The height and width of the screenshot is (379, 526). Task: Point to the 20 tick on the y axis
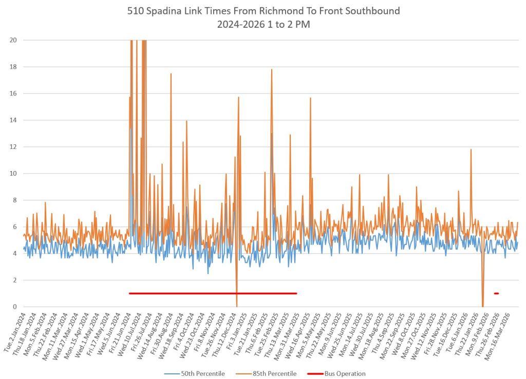13,40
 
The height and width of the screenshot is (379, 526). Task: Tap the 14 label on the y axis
13,120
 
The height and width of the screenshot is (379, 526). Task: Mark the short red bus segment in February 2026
496,293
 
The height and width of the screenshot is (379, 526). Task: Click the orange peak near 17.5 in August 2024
171,74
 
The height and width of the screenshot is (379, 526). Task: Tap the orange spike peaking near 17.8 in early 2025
272,70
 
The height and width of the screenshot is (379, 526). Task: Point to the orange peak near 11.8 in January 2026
471,150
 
